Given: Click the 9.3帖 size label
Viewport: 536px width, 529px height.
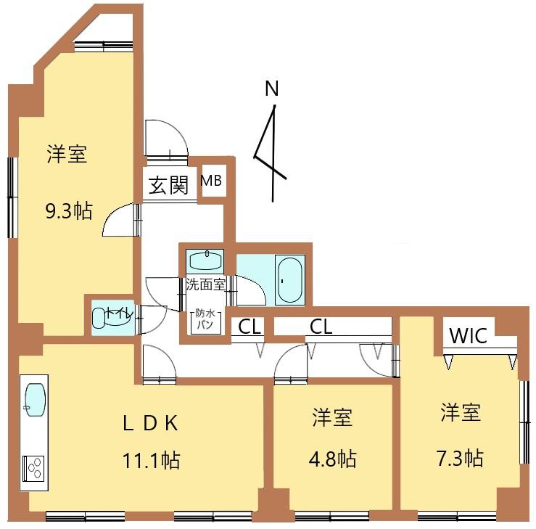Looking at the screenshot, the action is pos(69,211).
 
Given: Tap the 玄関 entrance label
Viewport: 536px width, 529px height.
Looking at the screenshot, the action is pos(168,185).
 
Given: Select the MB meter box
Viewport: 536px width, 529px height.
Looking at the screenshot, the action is pos(211,181).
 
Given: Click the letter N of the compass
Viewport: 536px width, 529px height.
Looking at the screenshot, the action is pos(272,89).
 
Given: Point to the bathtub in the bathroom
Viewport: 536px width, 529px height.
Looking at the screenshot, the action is pos(290,279).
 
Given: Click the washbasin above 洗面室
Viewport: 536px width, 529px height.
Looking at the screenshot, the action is pos(205,261).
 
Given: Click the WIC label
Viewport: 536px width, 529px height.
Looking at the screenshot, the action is pos(468,336).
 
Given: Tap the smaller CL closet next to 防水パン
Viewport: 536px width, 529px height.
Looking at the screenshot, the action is pos(250,327).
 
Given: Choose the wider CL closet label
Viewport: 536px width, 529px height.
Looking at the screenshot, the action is pos(321,327).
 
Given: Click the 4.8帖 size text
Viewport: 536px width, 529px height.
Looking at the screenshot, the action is pos(333,459).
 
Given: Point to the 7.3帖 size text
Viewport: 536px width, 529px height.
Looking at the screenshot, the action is pos(460,458).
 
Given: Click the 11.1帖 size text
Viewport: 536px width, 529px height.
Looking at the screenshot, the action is pos(151,460).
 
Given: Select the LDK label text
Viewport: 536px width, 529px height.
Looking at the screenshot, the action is pos(149,423).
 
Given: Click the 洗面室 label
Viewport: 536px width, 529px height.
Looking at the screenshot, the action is pos(205,284).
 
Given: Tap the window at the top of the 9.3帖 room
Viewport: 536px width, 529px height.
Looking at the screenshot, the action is pos(104,46).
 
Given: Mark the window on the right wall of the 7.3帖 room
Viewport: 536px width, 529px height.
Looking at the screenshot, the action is pos(524,422).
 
